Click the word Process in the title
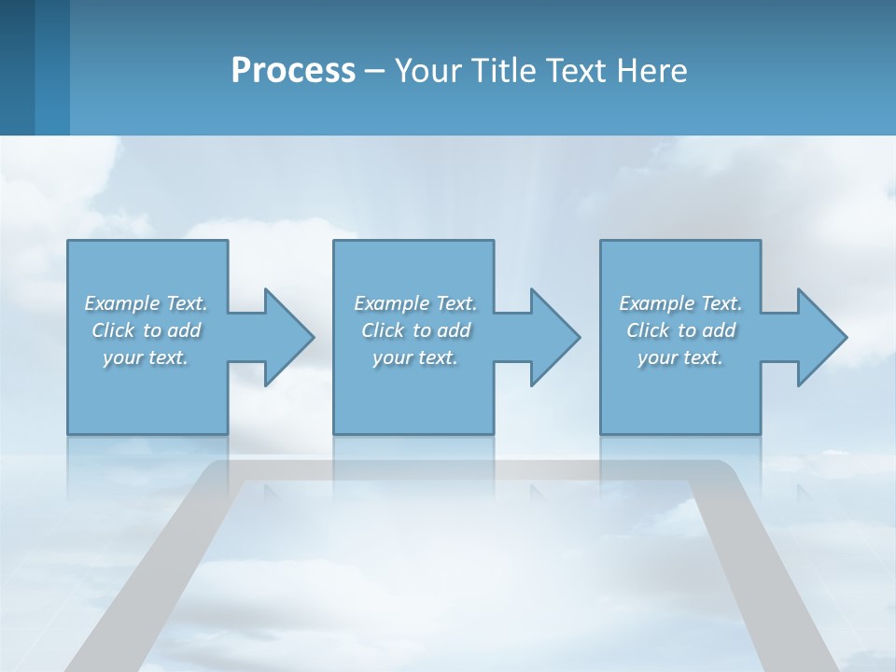click(293, 71)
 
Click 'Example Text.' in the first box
click(146, 303)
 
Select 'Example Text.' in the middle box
click(415, 303)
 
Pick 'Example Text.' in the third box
click(680, 303)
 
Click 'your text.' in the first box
click(146, 357)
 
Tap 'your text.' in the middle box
click(415, 357)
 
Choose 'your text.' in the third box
click(680, 357)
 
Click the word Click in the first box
click(113, 330)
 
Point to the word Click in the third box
click(648, 330)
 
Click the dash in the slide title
click(375, 71)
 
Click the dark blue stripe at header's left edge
click(17, 67)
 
